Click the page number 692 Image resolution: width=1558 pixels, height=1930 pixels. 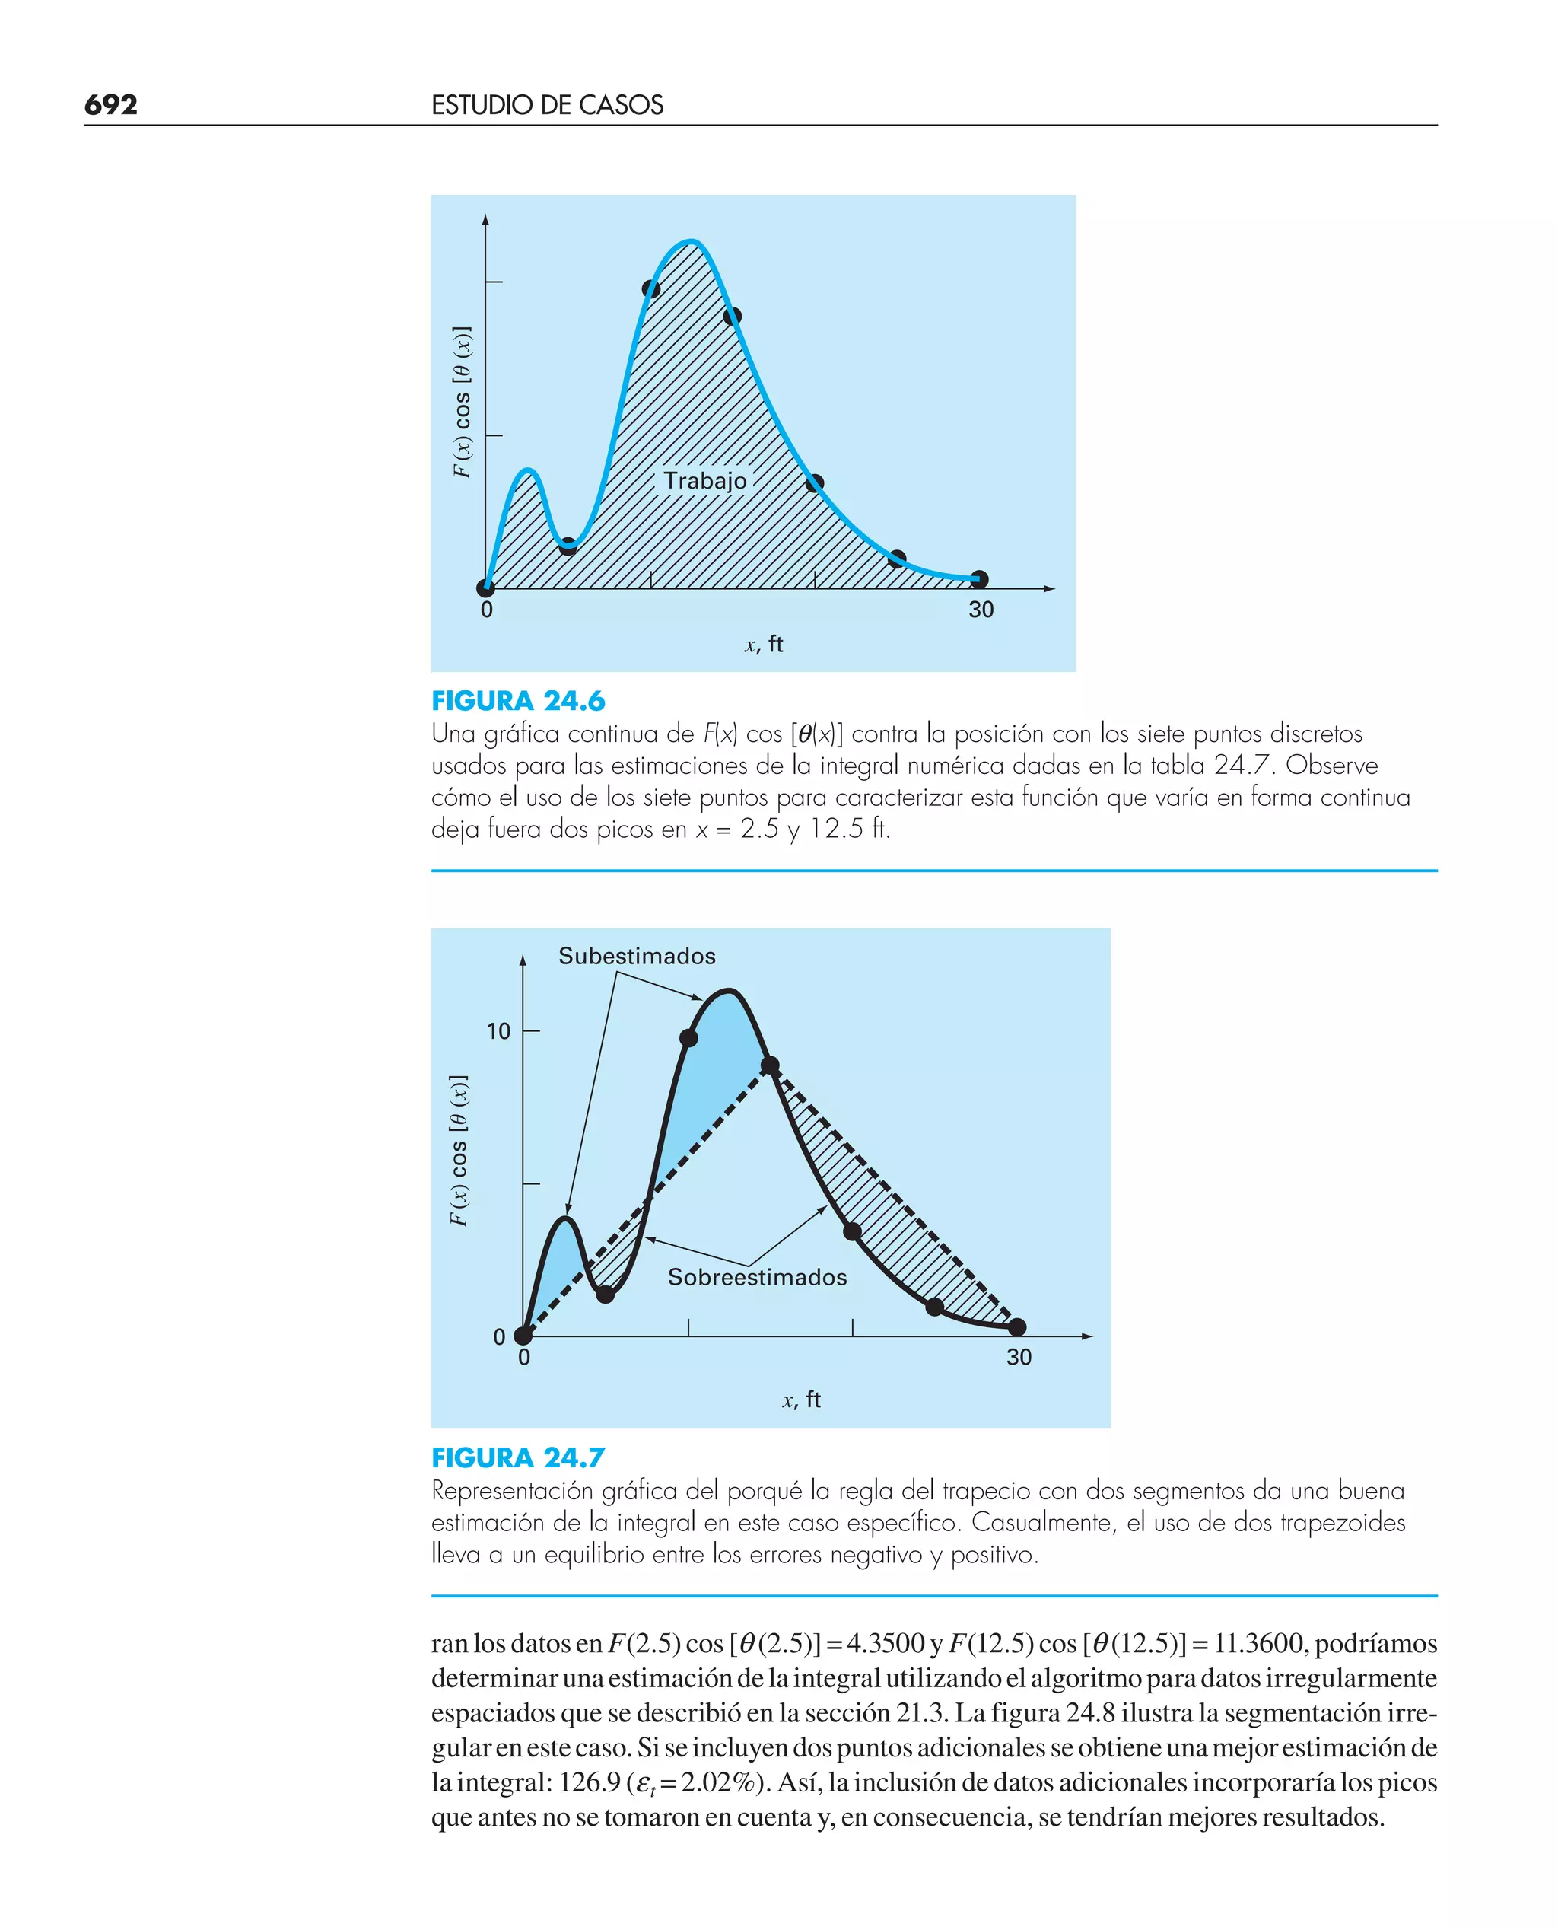coord(110,105)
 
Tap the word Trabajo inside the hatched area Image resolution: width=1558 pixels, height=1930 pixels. coord(704,481)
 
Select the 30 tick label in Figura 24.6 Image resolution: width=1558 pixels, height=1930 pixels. coord(981,610)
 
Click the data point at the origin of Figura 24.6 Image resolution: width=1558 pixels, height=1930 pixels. coord(485,589)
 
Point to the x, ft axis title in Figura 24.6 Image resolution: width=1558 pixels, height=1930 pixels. coord(764,645)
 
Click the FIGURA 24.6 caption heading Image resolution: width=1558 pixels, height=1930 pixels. coord(518,701)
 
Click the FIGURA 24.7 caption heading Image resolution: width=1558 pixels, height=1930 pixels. coord(518,1458)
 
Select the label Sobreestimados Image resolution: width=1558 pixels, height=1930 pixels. coord(757,1277)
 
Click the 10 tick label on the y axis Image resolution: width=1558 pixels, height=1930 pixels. coord(498,1031)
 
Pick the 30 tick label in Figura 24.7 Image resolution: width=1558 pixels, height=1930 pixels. coord(1019,1357)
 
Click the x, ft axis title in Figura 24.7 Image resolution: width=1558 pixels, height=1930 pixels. coord(801,1400)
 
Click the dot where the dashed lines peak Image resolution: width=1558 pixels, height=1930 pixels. coord(770,1065)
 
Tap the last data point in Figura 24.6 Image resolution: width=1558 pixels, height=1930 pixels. coord(980,579)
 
